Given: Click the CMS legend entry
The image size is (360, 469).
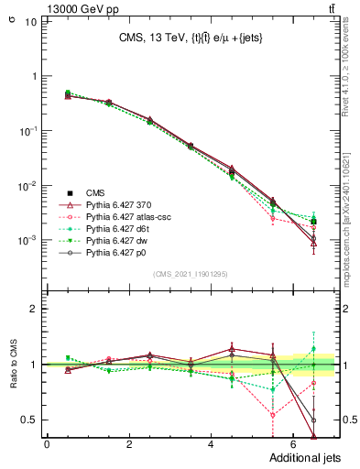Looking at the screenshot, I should tap(96, 191).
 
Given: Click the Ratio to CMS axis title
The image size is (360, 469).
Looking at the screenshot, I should tap(12, 366).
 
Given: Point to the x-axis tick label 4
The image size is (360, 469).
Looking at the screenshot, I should tap(211, 444).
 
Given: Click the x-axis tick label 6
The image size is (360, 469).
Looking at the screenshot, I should tap(292, 444).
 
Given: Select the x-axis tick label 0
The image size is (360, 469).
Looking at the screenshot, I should tap(47, 444).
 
